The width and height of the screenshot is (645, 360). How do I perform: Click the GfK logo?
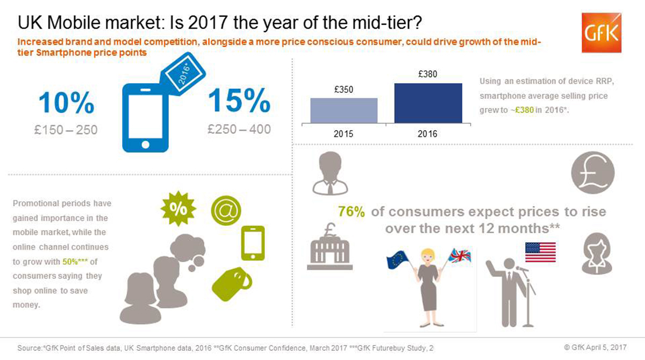pos(601,33)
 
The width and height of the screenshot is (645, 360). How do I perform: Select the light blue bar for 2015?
pos(344,111)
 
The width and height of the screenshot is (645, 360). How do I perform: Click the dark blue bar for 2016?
pos(428,103)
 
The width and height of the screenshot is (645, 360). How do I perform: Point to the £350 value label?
pos(343,90)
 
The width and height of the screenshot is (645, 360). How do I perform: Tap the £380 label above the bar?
pos(428,74)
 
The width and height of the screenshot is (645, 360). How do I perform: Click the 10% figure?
pos(66,103)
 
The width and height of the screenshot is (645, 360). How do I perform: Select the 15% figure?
pos(239,100)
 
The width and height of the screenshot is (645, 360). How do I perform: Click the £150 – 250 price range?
pos(66,130)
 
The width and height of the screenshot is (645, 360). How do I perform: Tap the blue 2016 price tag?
pos(183,74)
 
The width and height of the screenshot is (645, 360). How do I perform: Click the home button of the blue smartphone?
pos(146,145)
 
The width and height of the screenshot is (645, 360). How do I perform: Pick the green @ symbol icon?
pos(226,211)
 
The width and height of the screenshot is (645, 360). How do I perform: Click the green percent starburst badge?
pos(178,208)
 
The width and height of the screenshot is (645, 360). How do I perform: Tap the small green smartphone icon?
pos(253,243)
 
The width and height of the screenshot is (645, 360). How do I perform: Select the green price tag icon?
pos(231,284)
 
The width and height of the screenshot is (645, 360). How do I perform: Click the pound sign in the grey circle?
pos(593,172)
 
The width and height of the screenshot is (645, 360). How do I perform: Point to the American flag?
pos(541,253)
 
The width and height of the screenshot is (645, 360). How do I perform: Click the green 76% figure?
pos(352,212)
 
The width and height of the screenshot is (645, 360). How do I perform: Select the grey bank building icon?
pos(330,246)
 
